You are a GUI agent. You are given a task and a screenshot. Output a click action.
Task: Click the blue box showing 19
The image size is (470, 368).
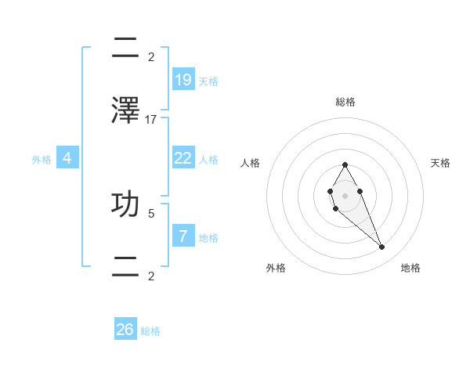(x=183, y=80)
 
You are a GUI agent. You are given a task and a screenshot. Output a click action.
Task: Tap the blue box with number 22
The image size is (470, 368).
(x=183, y=158)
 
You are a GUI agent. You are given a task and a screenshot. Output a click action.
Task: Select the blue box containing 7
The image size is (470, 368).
(x=183, y=236)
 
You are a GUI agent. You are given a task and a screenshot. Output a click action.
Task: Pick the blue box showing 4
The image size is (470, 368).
(x=67, y=158)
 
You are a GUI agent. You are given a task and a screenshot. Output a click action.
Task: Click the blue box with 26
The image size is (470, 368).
(x=125, y=330)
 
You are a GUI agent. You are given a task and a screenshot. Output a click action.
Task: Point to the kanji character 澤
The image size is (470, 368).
(x=125, y=111)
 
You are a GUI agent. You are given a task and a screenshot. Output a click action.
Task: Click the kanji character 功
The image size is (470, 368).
(x=125, y=204)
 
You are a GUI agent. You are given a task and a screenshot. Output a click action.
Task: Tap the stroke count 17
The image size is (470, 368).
(x=151, y=120)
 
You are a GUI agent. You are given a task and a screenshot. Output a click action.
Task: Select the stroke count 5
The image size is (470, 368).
(x=151, y=212)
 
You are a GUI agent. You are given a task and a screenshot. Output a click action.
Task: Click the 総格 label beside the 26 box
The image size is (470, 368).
(x=150, y=331)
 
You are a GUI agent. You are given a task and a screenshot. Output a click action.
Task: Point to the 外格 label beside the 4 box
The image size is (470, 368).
(x=42, y=160)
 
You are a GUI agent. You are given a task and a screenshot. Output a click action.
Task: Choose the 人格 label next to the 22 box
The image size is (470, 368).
(x=208, y=160)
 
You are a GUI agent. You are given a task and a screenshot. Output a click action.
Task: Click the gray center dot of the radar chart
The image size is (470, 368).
(x=345, y=195)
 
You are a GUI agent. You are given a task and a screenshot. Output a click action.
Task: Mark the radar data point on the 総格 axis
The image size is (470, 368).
(x=345, y=164)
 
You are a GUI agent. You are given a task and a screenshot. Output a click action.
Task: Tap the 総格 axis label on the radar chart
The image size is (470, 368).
(x=345, y=102)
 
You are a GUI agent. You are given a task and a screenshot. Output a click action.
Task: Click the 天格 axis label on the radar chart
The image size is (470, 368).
(x=441, y=163)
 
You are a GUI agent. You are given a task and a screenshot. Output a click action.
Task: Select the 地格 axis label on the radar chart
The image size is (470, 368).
(x=410, y=268)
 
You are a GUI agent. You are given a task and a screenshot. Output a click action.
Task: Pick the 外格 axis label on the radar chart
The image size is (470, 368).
(x=276, y=268)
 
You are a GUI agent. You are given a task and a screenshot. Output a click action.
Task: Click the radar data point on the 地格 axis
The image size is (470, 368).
(x=381, y=247)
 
